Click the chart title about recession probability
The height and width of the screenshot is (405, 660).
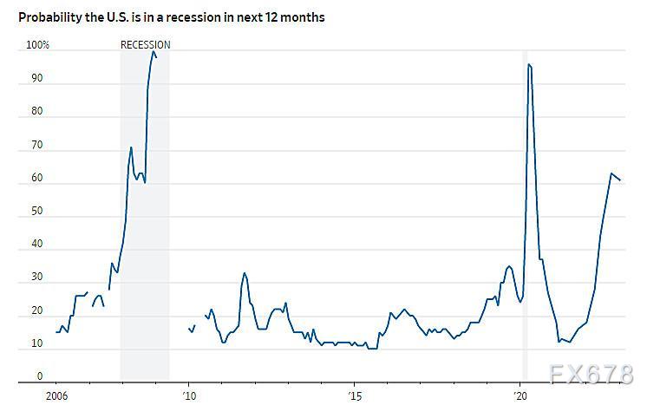[172, 16]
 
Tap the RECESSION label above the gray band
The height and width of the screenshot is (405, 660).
[145, 45]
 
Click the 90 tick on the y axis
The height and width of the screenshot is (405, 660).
[36, 79]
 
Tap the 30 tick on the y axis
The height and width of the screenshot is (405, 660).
[36, 278]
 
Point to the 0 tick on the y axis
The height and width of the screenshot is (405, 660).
[39, 377]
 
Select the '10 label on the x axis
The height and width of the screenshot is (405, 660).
[189, 395]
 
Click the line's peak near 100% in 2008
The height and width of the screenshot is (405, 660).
[154, 52]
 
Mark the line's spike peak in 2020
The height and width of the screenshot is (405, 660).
[528, 65]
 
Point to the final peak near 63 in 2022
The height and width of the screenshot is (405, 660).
[611, 173]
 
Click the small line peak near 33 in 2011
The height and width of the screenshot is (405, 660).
[245, 273]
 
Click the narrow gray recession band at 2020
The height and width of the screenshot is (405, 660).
[525, 217]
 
